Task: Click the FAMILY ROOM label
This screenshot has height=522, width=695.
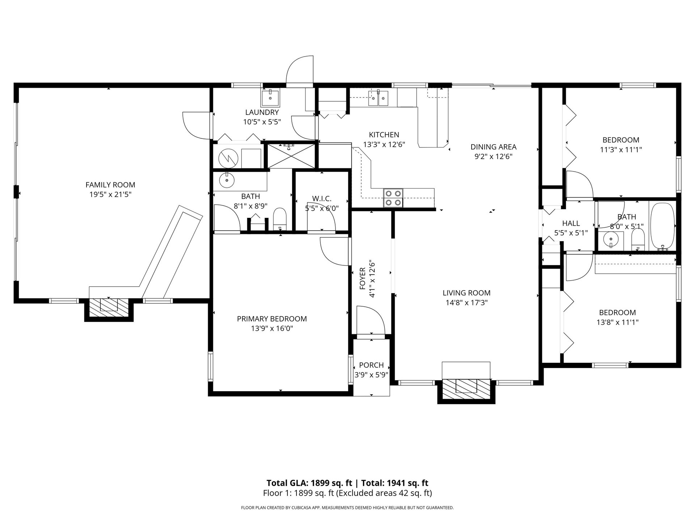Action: (110, 185)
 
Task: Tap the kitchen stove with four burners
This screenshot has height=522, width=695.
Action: (393, 198)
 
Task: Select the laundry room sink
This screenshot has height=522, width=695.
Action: (270, 98)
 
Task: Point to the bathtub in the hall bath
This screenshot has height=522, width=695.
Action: (663, 227)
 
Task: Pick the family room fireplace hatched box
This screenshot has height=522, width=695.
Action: (109, 307)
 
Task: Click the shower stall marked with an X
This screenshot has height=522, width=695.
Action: (291, 156)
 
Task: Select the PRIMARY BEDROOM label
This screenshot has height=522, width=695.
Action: (272, 319)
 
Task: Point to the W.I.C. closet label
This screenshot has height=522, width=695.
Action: (322, 199)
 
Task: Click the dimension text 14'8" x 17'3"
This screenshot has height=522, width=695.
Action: (467, 303)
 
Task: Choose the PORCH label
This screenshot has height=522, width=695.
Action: (371, 365)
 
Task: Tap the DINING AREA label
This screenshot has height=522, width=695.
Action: (493, 147)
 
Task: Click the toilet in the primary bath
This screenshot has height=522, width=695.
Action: (280, 219)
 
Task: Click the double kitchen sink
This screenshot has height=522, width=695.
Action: (378, 98)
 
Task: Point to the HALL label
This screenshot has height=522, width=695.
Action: (571, 224)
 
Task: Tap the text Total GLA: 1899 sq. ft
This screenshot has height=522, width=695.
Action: (309, 483)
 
